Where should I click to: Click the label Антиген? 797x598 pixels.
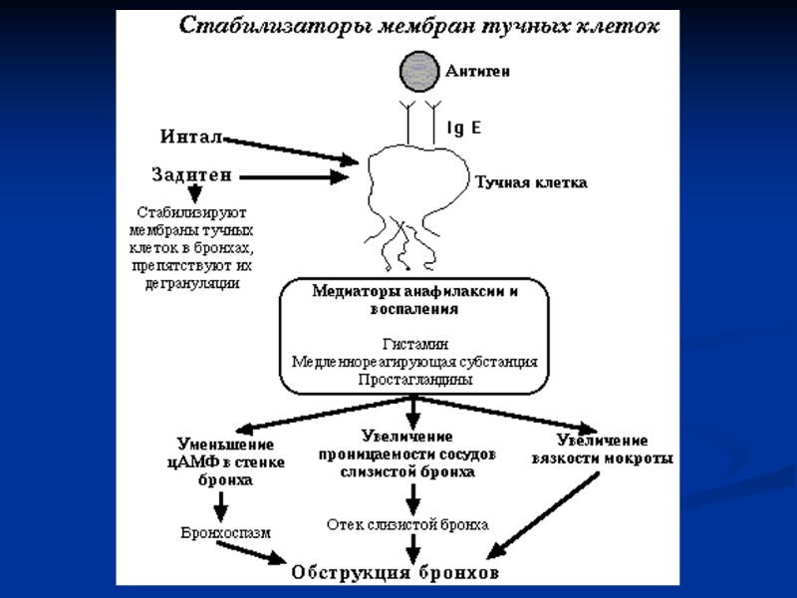[x=478, y=71]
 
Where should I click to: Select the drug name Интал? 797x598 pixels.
[x=191, y=135]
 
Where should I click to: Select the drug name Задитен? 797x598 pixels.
[x=191, y=174]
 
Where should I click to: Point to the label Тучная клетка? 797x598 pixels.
[x=530, y=182]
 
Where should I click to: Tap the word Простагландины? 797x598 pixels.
[x=414, y=380]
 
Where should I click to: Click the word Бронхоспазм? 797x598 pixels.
[x=226, y=533]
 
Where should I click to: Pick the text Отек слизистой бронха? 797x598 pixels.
[x=408, y=523]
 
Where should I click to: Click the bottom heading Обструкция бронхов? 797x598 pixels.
[x=395, y=573]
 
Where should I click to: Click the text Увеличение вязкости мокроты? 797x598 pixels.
[x=615, y=449]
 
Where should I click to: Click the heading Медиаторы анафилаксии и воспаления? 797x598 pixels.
[x=414, y=301]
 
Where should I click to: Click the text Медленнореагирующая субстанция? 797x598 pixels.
[x=414, y=361]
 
